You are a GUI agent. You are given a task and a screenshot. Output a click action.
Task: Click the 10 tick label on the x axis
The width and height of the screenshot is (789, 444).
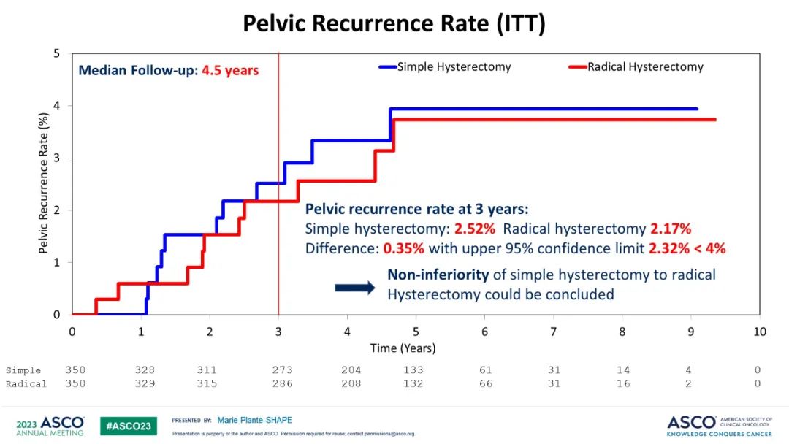(760, 332)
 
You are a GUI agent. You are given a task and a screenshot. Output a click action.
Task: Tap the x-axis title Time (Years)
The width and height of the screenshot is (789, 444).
(403, 348)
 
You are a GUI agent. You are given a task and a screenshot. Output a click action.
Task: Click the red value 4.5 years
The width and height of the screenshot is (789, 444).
(230, 71)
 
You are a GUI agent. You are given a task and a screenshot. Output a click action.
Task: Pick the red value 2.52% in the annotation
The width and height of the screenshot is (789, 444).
(474, 228)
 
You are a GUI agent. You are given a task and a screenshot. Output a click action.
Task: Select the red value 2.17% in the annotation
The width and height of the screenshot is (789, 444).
(671, 228)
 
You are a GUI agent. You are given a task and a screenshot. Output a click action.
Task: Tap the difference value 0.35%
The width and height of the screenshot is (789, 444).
(403, 248)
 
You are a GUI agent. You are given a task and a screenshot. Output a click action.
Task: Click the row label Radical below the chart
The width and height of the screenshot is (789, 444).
(26, 383)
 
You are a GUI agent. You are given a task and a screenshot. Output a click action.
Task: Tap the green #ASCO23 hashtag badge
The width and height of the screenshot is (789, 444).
(129, 426)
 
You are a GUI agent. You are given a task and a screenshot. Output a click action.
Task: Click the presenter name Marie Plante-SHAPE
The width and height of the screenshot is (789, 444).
(255, 421)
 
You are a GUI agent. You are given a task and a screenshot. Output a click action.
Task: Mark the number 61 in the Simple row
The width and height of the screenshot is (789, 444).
(485, 370)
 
